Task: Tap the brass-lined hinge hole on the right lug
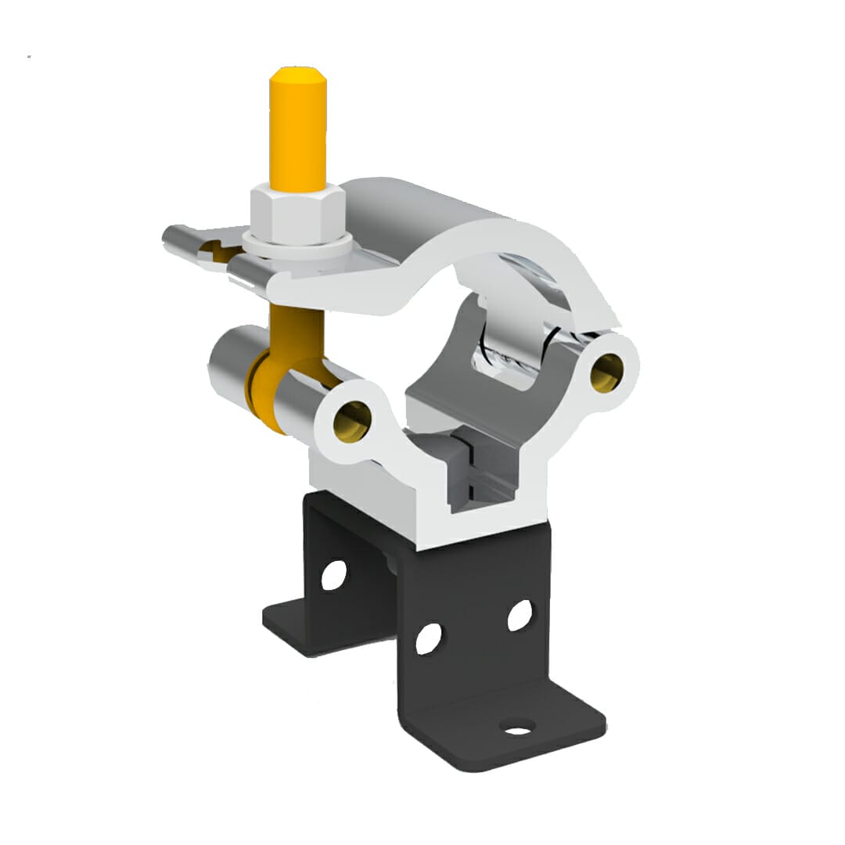point(609,368)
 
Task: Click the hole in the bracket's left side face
point(333,574)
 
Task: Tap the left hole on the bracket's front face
point(428,638)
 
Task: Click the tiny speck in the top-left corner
point(29,56)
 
